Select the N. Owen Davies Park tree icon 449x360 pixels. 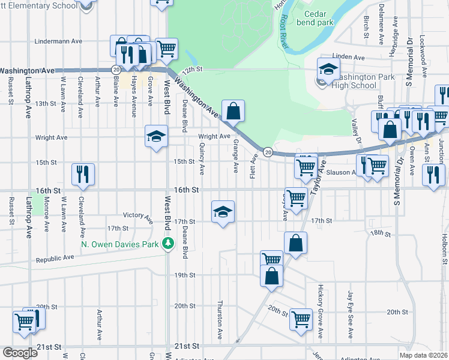(x=169, y=243)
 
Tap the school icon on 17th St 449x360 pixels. (x=223, y=212)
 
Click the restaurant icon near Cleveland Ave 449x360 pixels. (x=83, y=173)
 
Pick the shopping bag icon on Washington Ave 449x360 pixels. (x=232, y=110)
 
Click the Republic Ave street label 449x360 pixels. (x=55, y=258)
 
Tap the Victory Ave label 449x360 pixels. (x=137, y=215)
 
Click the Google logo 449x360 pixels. (x=20, y=353)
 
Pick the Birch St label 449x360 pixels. (x=366, y=28)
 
